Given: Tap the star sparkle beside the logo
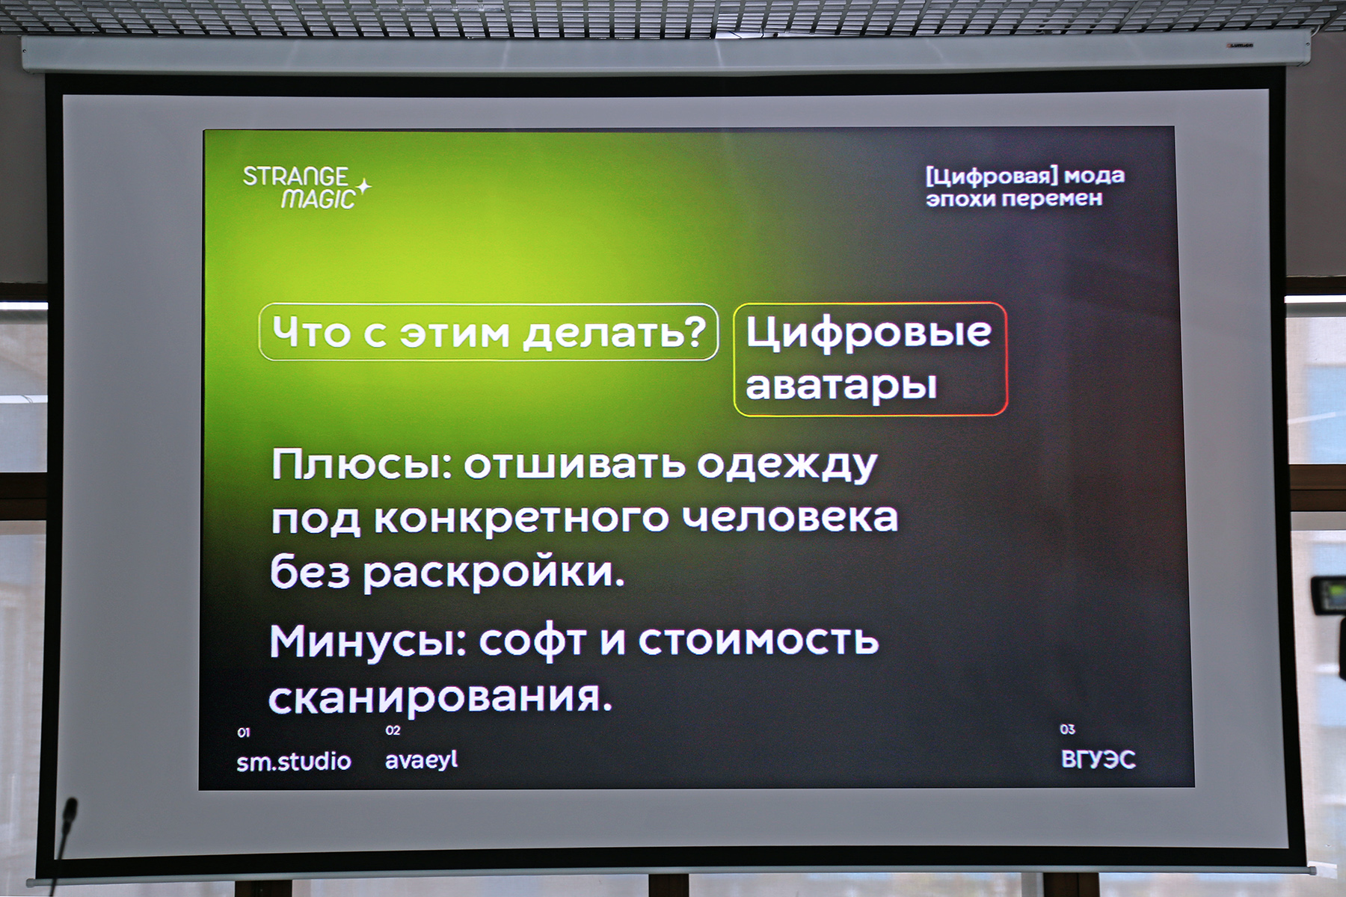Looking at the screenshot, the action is pos(363,186).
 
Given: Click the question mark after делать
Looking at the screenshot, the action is pos(695,330).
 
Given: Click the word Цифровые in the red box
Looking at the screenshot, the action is pos(868,332).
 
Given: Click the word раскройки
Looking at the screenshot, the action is pos(494,574).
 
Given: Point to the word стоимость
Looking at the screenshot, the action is pos(758,641).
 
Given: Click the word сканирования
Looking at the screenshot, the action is pos(440,697).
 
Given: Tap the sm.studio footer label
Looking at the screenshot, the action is pos(294,762).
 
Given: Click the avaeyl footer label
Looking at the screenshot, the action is pos(421,760).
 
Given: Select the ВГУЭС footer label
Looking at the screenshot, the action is pos(1098,759).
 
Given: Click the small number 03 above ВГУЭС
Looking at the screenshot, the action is pos(1067,730).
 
